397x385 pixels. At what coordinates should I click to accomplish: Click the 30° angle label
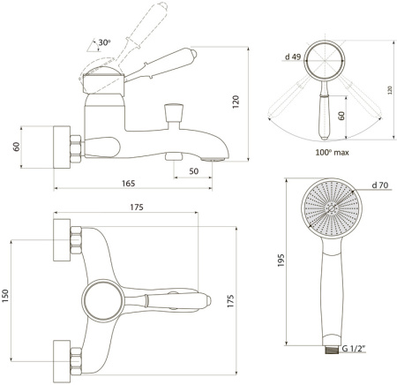104,42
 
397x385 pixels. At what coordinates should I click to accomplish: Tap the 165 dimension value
128,184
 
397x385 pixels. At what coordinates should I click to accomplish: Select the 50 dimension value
193,171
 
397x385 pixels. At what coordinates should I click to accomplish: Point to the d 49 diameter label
293,57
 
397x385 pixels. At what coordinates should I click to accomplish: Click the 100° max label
332,153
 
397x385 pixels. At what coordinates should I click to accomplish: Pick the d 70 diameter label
380,185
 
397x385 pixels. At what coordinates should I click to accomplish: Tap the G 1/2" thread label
353,349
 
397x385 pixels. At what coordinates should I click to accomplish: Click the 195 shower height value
281,260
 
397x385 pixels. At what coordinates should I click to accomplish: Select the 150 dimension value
5,296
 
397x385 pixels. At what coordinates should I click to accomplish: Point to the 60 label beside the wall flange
17,147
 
